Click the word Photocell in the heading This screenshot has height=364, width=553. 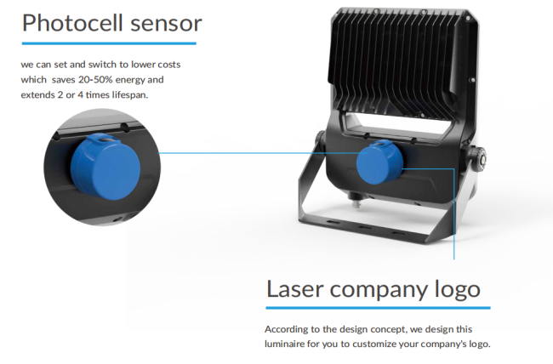[73, 23]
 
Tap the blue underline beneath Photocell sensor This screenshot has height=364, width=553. [109, 43]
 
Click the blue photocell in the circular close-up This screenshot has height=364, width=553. [105, 168]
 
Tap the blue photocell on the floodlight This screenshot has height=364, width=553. [379, 162]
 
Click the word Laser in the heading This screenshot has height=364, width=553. [295, 289]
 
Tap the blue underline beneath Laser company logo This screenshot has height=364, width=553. [378, 308]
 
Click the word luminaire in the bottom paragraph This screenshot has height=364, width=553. [285, 344]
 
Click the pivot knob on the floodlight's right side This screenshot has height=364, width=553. [478, 158]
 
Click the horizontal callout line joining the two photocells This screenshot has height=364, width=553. [263, 153]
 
